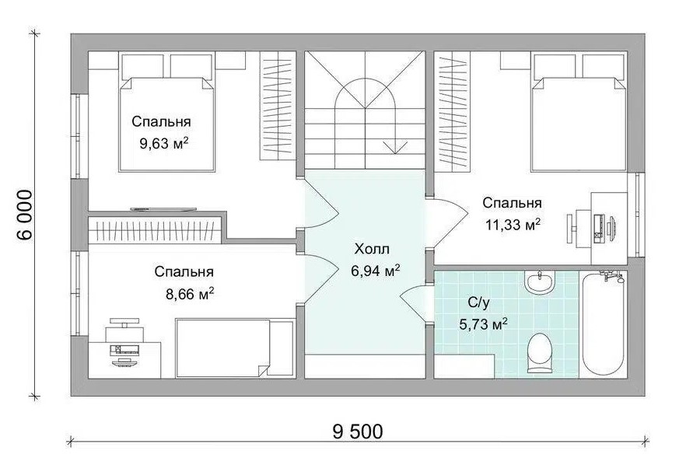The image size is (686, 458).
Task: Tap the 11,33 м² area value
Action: click(x=513, y=225)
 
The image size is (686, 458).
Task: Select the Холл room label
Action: click(x=372, y=250)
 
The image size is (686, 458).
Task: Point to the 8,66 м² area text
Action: click(x=190, y=293)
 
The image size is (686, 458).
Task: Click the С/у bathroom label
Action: click(x=478, y=302)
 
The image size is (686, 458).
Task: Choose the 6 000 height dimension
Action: click(x=26, y=215)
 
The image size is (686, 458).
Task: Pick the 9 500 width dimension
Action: click(x=358, y=432)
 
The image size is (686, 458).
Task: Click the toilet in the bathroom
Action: click(x=539, y=353)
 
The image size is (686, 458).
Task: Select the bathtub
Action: click(x=603, y=323)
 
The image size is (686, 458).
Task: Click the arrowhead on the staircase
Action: click(x=395, y=147)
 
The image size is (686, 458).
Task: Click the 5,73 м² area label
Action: click(x=483, y=324)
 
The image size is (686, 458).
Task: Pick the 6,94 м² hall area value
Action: click(x=376, y=271)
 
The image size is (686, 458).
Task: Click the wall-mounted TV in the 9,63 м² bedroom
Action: click(x=163, y=209)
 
